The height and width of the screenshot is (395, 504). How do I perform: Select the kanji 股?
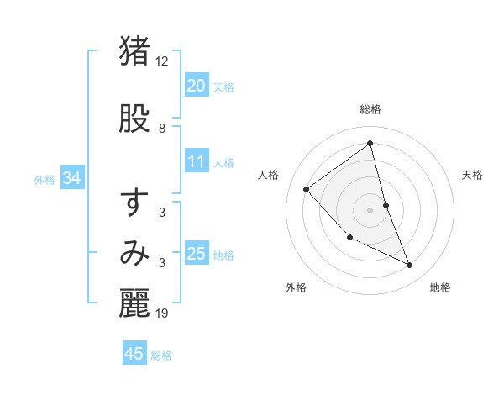tap(134, 119)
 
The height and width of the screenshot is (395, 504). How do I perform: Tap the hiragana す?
tap(134, 203)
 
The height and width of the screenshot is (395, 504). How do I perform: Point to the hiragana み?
tap(134, 252)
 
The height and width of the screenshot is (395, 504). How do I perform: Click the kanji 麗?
tap(134, 303)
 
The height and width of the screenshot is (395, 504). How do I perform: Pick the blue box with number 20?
tap(196, 86)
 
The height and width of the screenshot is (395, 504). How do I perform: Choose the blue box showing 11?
tap(196, 162)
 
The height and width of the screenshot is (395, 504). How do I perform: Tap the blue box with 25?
tap(196, 254)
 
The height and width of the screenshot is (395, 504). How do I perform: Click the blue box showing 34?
tap(71, 178)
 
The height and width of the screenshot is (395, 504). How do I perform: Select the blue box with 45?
tap(134, 354)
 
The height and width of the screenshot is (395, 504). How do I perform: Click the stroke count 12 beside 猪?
tap(162, 61)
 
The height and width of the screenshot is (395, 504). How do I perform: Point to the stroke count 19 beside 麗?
tap(162, 313)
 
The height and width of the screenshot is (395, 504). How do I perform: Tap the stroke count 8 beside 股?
tap(162, 129)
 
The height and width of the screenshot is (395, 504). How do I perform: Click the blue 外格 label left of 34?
tap(45, 179)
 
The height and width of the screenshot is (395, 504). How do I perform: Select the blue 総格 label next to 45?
tap(161, 355)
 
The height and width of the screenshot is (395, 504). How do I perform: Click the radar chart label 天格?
tap(472, 175)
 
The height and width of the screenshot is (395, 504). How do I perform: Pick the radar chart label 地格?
tap(440, 288)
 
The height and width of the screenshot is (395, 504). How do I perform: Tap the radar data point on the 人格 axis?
tap(307, 190)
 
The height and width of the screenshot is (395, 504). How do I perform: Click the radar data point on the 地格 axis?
tap(410, 266)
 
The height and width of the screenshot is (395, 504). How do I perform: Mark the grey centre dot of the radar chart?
tap(370, 209)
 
